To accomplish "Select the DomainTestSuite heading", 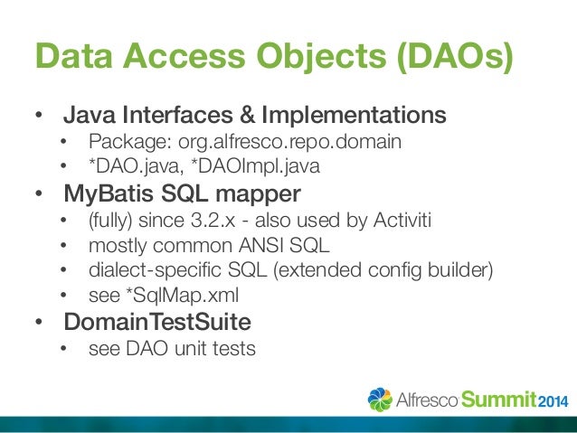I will pyautogui.click(x=155, y=322).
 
